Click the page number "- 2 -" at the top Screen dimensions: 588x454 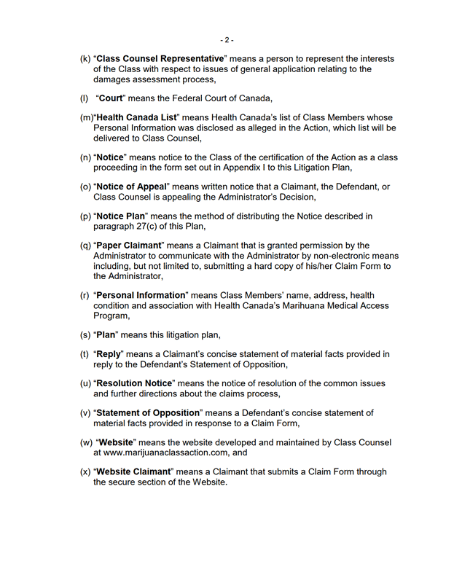pos(227,39)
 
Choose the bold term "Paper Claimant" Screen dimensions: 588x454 pos(131,246)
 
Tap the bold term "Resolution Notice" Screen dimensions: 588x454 pos(137,383)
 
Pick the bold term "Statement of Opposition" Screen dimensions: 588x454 pos(148,413)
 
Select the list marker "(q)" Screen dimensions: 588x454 pos(85,246)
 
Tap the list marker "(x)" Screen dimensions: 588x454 pos(85,472)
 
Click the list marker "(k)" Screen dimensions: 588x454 pos(85,59)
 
